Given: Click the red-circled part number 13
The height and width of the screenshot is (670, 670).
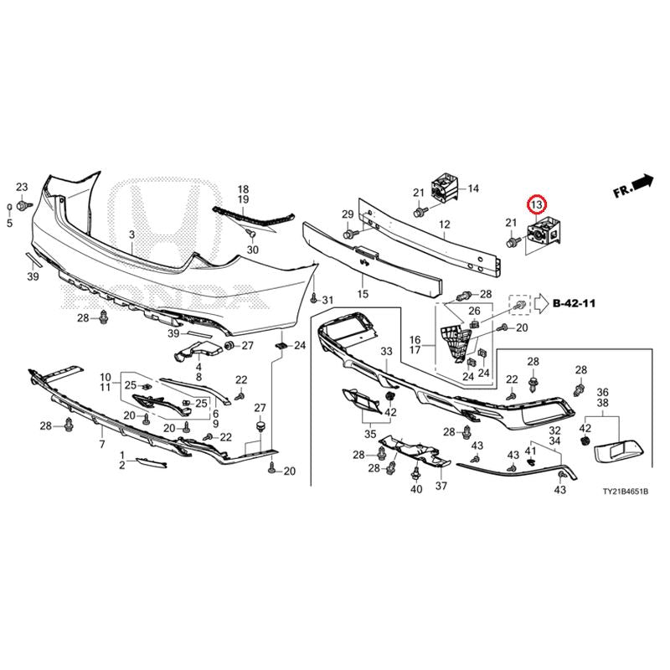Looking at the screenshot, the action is click(536, 204).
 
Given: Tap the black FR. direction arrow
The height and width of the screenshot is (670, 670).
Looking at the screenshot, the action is click(643, 181).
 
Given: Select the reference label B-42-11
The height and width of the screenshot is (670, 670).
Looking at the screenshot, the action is click(574, 303).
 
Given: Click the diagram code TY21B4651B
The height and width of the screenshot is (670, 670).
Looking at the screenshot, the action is click(626, 492).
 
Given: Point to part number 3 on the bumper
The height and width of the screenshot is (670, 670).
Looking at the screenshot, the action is click(131, 234).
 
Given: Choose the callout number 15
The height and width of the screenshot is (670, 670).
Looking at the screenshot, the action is click(363, 294).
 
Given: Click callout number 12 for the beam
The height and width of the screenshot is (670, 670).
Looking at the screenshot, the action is click(445, 224).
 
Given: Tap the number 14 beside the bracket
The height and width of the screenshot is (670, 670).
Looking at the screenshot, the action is click(473, 188).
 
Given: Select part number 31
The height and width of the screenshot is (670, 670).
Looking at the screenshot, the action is click(327, 301).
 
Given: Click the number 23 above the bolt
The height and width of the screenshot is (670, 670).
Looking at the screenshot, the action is click(22, 187).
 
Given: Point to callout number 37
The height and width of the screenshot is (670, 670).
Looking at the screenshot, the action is click(441, 486).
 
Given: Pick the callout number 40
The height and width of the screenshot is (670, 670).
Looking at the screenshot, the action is click(416, 489).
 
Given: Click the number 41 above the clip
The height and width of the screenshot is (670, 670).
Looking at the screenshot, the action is click(530, 451).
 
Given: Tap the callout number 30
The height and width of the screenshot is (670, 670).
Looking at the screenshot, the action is click(253, 250).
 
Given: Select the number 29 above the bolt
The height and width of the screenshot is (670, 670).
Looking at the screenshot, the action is click(348, 214).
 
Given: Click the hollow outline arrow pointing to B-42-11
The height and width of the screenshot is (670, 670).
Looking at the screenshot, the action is click(541, 303).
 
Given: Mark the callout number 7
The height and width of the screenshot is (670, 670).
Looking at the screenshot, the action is click(101, 445).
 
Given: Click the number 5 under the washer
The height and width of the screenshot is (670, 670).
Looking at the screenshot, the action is click(9, 223).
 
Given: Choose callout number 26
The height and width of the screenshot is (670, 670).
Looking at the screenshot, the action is click(474, 311).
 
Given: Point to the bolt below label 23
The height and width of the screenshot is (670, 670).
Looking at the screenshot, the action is click(23, 206).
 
